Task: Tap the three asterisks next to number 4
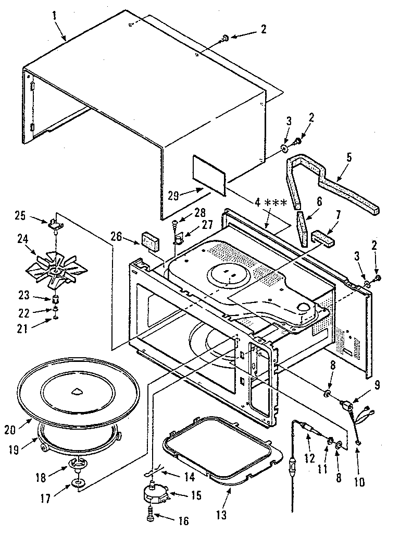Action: coord(276,202)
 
